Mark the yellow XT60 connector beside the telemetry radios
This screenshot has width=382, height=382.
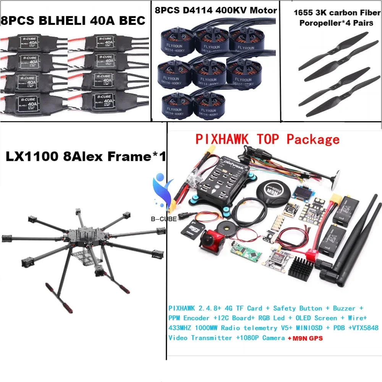326,201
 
